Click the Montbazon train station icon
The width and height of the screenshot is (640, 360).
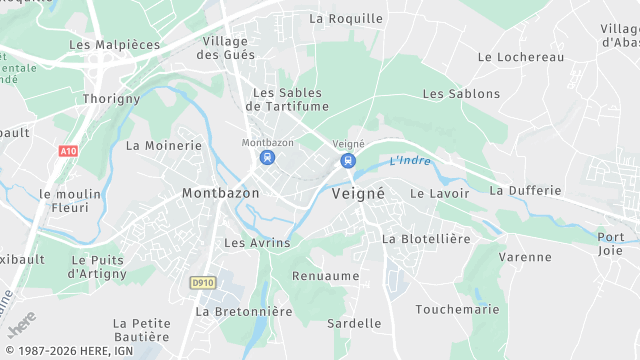(267, 158)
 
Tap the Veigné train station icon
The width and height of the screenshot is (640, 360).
(347, 160)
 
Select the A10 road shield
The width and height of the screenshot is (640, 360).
(68, 151)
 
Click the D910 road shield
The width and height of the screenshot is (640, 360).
(203, 283)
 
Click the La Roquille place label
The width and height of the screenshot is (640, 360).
(346, 18)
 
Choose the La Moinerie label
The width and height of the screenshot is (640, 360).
(163, 145)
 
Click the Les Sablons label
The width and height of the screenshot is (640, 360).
(461, 94)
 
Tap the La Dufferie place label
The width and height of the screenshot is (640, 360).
(525, 190)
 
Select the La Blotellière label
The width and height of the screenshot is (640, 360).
(426, 239)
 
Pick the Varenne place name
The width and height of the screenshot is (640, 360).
(525, 257)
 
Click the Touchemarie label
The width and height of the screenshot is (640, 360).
(457, 310)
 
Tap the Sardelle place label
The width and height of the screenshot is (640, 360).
(354, 323)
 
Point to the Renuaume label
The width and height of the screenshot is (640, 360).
(325, 275)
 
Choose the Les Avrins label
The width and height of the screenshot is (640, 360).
(257, 243)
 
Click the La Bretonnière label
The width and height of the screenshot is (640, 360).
(244, 312)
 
